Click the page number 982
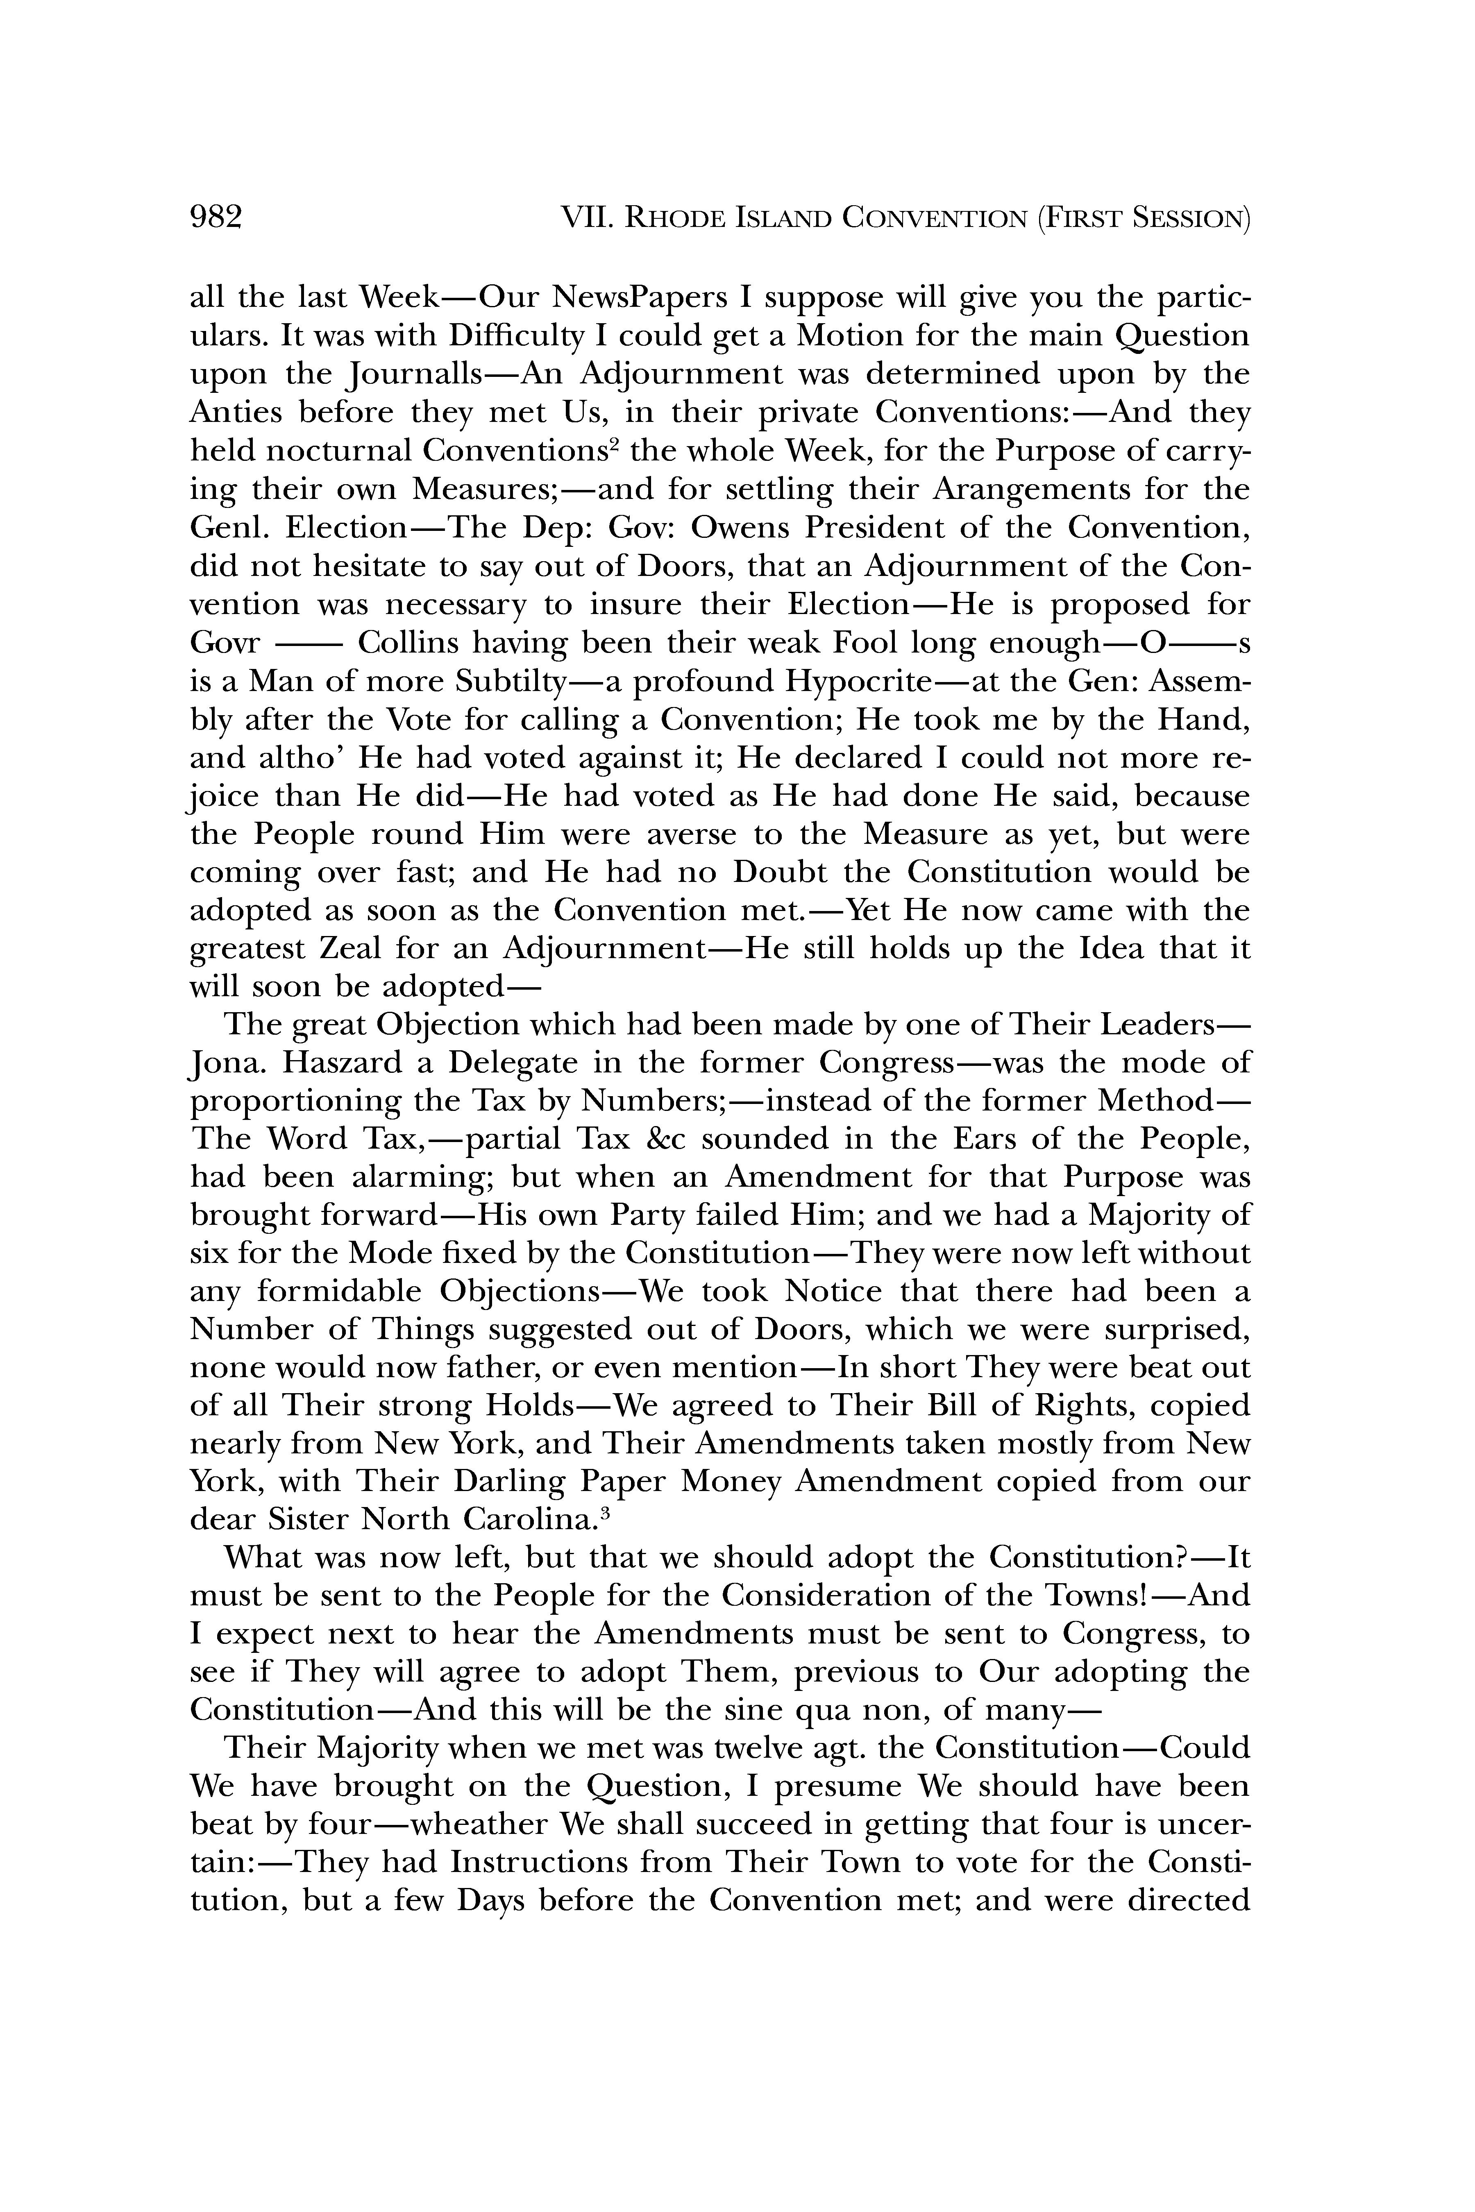click(216, 218)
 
